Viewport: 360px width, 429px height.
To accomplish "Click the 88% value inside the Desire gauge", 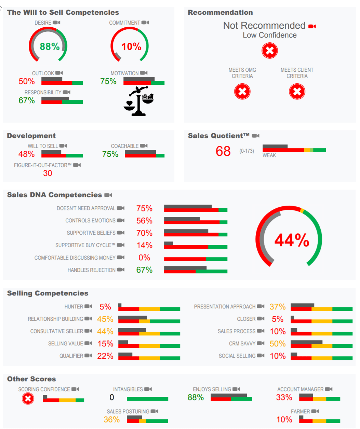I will tap(50, 46).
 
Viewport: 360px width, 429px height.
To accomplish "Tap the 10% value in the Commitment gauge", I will tap(131, 46).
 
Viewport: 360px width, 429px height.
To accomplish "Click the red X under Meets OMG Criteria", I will tap(242, 92).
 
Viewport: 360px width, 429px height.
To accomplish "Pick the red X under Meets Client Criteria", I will tap(297, 92).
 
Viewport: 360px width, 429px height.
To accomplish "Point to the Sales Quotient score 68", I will tap(223, 151).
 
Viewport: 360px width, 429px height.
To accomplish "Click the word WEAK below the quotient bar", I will tap(269, 155).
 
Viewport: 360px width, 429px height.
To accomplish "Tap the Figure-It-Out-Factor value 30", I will tap(48, 173).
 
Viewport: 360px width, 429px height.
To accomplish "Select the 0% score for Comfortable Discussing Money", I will tap(144, 258).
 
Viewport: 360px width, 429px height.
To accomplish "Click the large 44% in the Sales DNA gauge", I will tap(292, 240).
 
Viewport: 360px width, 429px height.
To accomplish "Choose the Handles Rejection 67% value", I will tap(144, 270).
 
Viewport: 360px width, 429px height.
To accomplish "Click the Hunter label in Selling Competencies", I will tap(74, 307).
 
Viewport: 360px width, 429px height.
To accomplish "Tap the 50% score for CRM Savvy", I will tap(277, 344).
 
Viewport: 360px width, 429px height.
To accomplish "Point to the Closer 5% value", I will tap(277, 319).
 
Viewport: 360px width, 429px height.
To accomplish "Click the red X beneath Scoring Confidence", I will tap(28, 399).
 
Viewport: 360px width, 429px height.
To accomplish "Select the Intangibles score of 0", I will tap(112, 398).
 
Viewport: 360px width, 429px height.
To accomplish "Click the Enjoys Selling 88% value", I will tap(196, 398).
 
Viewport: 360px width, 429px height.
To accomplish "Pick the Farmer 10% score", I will tap(284, 419).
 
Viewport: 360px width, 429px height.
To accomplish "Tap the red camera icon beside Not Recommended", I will tap(312, 26).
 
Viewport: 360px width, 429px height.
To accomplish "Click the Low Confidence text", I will tap(269, 35).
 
